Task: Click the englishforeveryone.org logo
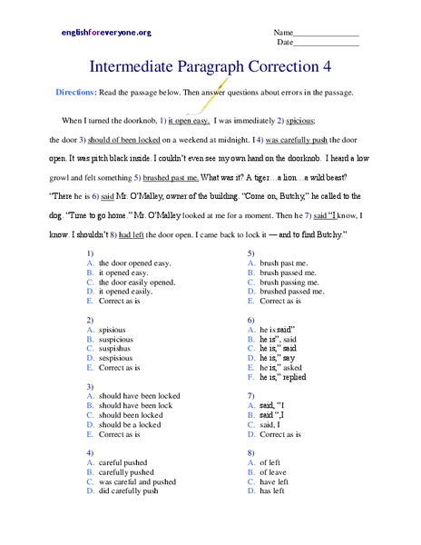pyautogui.click(x=105, y=33)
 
